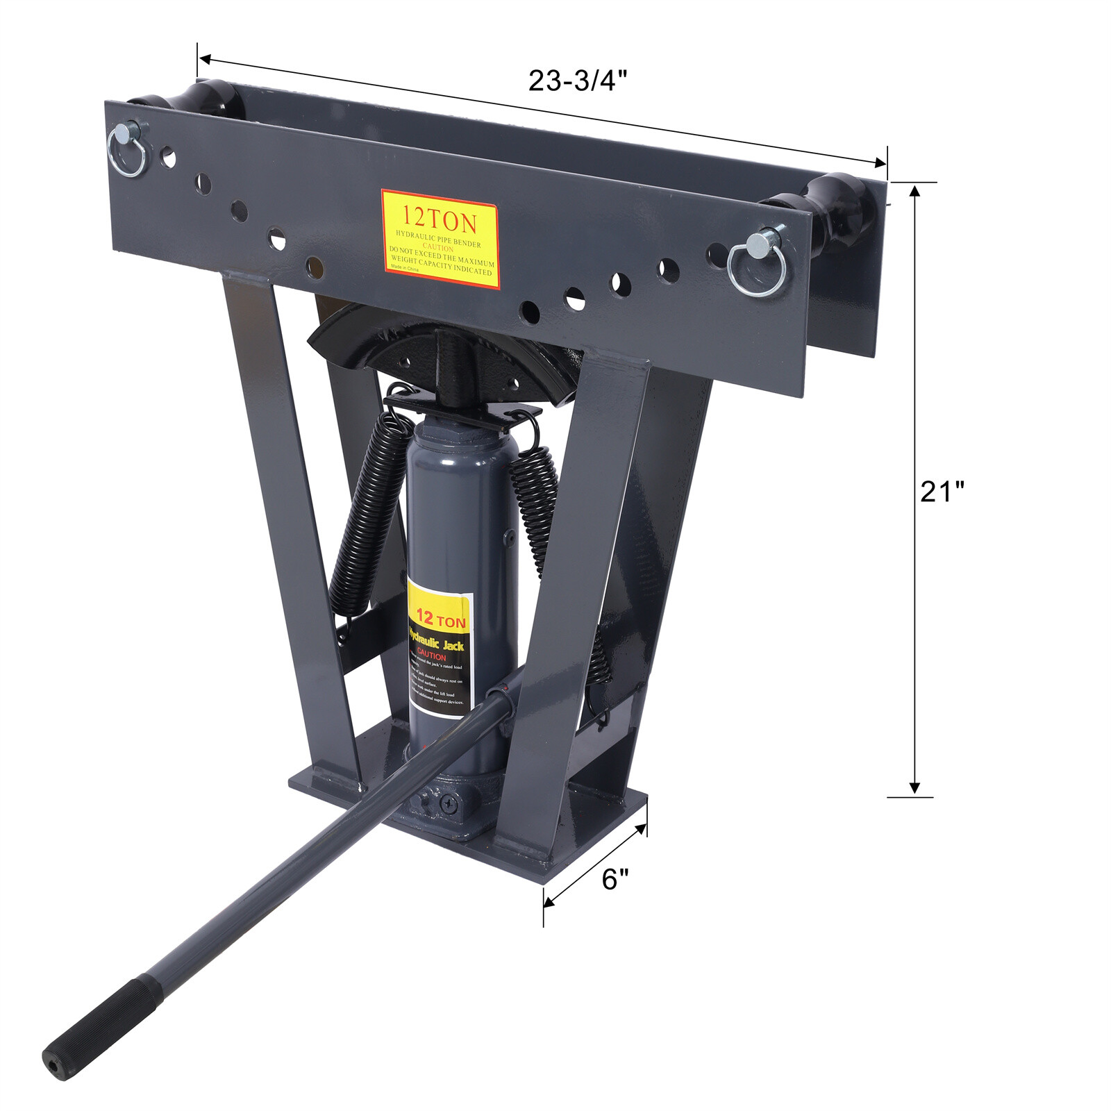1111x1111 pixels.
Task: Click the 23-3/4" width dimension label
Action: (x=578, y=81)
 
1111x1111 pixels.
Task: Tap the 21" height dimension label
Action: (x=942, y=492)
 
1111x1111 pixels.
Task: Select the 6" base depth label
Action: (x=615, y=880)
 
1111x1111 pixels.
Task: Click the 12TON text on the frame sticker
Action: (x=440, y=222)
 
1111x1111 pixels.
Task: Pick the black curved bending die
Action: (x=444, y=354)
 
